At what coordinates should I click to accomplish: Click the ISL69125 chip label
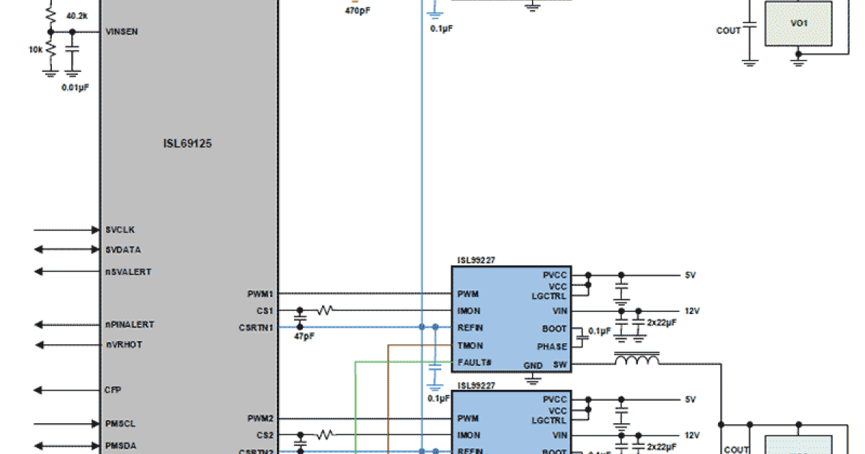pyautogui.click(x=187, y=143)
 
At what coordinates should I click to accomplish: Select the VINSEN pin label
pyautogui.click(x=122, y=32)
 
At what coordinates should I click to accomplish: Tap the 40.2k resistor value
pyautogui.click(x=77, y=15)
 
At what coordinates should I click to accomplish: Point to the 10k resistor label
pyautogui.click(x=35, y=50)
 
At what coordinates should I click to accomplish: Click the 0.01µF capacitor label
pyautogui.click(x=76, y=87)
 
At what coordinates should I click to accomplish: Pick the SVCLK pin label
pyautogui.click(x=120, y=230)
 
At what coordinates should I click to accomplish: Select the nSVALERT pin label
pyautogui.click(x=128, y=272)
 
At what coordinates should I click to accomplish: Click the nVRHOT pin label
pyautogui.click(x=123, y=344)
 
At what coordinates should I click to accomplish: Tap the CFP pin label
pyautogui.click(x=112, y=390)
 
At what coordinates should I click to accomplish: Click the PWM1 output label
pyautogui.click(x=259, y=294)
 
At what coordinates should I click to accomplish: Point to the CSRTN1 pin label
pyautogui.click(x=256, y=328)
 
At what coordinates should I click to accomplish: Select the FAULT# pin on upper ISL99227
pyautogui.click(x=474, y=362)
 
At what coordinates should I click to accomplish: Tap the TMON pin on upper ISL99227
pyautogui.click(x=470, y=345)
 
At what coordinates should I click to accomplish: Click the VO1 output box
pyautogui.click(x=798, y=24)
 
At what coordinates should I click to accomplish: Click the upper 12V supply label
pyautogui.click(x=691, y=311)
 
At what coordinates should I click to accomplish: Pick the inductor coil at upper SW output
pyautogui.click(x=636, y=358)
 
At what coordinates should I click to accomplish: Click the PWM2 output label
pyautogui.click(x=259, y=418)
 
